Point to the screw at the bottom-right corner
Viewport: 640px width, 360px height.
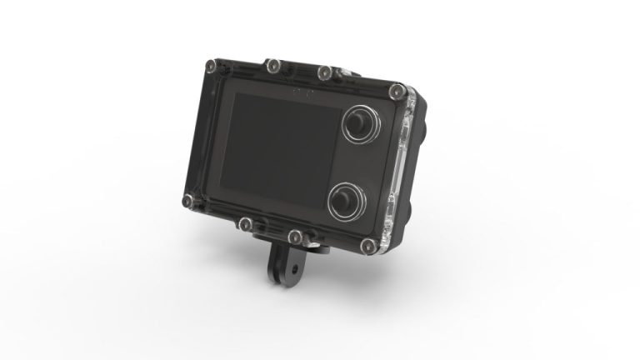click(x=366, y=245)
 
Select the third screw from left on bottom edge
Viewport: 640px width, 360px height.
click(x=294, y=235)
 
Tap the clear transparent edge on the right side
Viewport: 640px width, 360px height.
click(x=406, y=167)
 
